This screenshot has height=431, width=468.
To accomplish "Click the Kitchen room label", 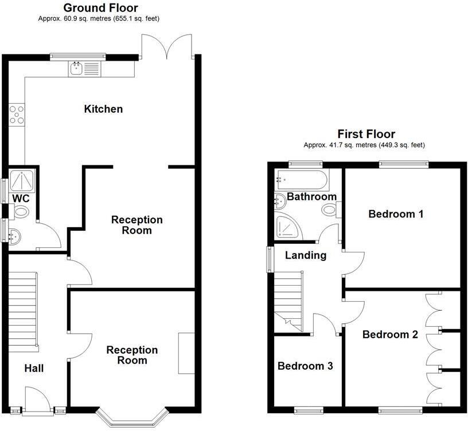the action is pyautogui.click(x=103, y=109).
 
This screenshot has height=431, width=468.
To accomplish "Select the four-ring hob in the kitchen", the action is pyautogui.click(x=17, y=114).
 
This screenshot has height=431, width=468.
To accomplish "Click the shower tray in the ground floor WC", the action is pyautogui.click(x=22, y=180).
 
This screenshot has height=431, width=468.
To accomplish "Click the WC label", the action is pyautogui.click(x=21, y=199).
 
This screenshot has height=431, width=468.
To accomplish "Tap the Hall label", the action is pyautogui.click(x=34, y=369).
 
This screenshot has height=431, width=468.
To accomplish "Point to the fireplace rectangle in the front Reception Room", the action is pyautogui.click(x=186, y=353).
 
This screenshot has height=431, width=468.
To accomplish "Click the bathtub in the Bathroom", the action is pyautogui.click(x=303, y=180).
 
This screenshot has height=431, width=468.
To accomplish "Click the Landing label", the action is pyautogui.click(x=306, y=255).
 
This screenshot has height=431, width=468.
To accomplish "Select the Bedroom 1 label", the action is pyautogui.click(x=396, y=214).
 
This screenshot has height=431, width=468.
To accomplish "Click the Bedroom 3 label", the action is pyautogui.click(x=305, y=366).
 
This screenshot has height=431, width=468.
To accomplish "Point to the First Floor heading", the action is pyautogui.click(x=366, y=134).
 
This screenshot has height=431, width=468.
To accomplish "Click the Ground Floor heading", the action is pyautogui.click(x=100, y=8).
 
